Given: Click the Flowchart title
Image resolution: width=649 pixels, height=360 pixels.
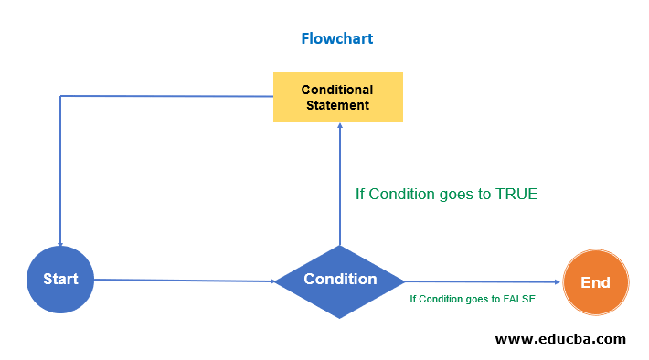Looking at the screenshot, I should click(x=337, y=38).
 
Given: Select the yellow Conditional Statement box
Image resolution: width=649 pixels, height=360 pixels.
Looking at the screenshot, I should click(x=338, y=97).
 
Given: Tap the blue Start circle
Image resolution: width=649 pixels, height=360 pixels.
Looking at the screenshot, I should click(x=60, y=280).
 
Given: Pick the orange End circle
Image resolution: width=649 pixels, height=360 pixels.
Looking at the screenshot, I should click(x=595, y=282).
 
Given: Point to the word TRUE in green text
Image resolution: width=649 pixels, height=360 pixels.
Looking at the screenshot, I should click(x=516, y=194).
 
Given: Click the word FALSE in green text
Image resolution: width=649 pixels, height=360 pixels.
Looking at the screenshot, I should click(x=519, y=299).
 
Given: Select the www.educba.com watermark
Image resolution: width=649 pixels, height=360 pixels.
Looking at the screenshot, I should click(x=560, y=339).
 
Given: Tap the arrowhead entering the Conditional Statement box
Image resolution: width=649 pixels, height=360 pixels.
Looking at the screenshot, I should click(x=340, y=127).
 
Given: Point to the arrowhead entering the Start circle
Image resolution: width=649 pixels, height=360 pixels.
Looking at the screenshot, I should click(x=60, y=243).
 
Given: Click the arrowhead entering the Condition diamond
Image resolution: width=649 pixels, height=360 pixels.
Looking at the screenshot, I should click(x=272, y=281).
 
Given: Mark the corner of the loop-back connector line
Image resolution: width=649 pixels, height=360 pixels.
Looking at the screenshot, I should click(x=60, y=96).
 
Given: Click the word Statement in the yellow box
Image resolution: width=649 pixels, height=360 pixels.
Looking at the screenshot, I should click(x=338, y=105).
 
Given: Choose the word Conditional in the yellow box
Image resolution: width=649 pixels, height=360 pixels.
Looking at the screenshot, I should click(x=338, y=90).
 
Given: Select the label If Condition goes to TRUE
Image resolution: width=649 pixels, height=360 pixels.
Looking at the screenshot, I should click(x=446, y=194).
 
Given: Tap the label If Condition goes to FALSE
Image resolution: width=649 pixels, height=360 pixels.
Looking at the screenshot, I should click(x=473, y=299).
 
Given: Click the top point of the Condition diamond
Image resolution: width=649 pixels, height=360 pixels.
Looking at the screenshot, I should click(x=340, y=246).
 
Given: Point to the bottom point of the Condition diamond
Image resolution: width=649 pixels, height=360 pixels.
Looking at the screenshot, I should click(x=340, y=317).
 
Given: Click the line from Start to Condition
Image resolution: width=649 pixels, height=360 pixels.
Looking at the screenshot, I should click(x=183, y=281).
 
